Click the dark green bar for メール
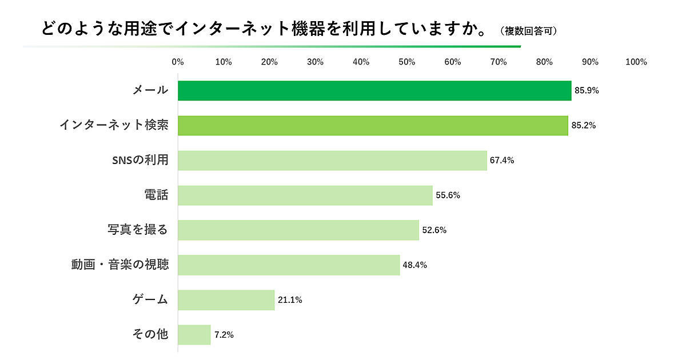(x=374, y=90)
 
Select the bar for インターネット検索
(x=373, y=126)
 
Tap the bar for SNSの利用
(x=332, y=161)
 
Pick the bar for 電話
(x=305, y=195)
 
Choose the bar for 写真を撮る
(x=298, y=230)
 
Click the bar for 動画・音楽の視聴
(x=289, y=265)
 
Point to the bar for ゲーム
(x=226, y=300)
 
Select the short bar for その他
(x=194, y=335)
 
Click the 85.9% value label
(x=587, y=90)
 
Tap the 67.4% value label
(x=502, y=161)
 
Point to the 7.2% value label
(x=224, y=335)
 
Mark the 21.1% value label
(x=290, y=300)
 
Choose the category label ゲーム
(x=150, y=299)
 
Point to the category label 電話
(x=156, y=195)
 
